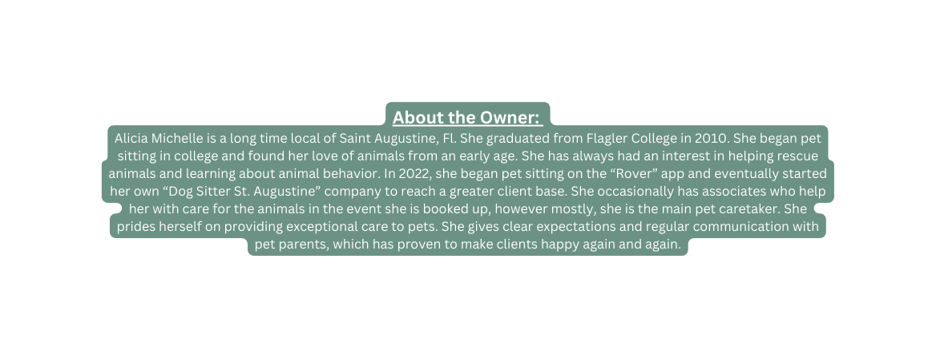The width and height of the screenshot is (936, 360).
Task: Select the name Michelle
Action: [x=180, y=138]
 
